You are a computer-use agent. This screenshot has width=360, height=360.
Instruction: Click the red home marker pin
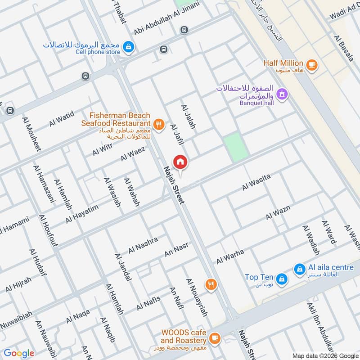pyautogui.click(x=180, y=162)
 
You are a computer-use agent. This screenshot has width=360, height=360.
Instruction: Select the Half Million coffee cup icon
pyautogui.click(x=311, y=64)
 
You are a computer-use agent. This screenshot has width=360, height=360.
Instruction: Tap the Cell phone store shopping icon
pyautogui.click(x=128, y=46)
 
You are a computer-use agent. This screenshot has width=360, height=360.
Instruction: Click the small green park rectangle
pyautogui.click(x=236, y=147)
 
